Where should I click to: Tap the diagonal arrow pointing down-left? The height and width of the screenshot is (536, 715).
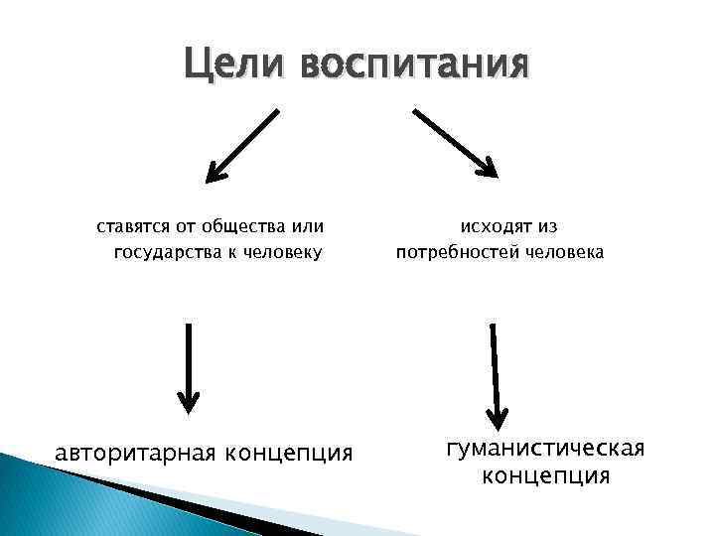point(241,146)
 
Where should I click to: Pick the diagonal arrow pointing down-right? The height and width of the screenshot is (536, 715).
point(455,141)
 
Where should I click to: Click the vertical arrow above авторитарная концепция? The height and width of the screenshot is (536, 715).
point(188,367)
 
